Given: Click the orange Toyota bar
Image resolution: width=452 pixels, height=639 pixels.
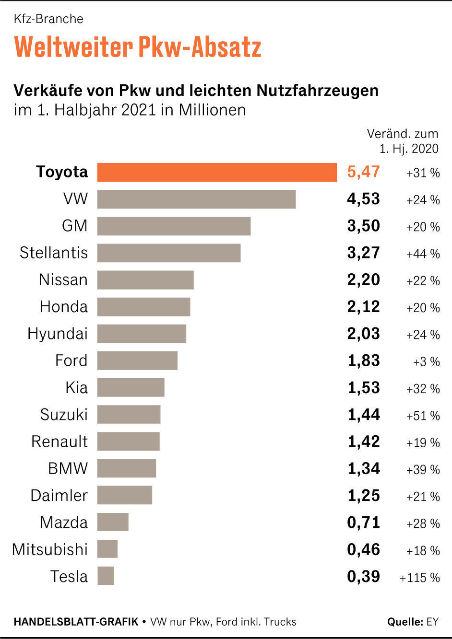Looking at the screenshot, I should pyautogui.click(x=217, y=173).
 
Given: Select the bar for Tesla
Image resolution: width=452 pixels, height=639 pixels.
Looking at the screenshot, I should pyautogui.click(x=106, y=576).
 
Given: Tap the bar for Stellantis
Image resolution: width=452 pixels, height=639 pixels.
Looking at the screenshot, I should pyautogui.click(x=169, y=253).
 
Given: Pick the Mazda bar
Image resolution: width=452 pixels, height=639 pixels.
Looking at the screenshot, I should pyautogui.click(x=113, y=522).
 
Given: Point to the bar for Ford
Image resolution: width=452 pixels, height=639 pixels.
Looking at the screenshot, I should pyautogui.click(x=137, y=360).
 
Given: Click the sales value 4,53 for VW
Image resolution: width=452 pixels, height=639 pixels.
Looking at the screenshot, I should pyautogui.click(x=363, y=199).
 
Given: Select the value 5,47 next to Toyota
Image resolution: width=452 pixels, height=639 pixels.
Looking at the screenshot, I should pyautogui.click(x=363, y=172).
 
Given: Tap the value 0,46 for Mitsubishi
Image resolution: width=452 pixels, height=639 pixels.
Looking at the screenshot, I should pyautogui.click(x=363, y=549).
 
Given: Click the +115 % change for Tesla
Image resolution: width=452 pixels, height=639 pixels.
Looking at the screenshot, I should pyautogui.click(x=419, y=578).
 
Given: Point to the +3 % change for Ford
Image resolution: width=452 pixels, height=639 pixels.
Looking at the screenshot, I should pyautogui.click(x=426, y=362).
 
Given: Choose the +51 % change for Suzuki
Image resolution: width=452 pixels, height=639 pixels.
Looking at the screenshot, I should pyautogui.click(x=423, y=416).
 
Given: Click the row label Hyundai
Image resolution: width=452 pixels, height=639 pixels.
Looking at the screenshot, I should pyautogui.click(x=58, y=334).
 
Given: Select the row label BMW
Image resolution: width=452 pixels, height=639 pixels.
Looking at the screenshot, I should pyautogui.click(x=68, y=468).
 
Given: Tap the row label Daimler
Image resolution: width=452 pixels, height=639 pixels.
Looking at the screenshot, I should pyautogui.click(x=59, y=495).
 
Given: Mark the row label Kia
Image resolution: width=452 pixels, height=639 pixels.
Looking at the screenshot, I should pyautogui.click(x=76, y=387).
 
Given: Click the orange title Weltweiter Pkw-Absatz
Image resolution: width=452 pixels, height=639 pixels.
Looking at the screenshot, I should pyautogui.click(x=138, y=47).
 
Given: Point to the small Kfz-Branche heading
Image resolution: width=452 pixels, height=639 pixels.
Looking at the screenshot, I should pyautogui.click(x=48, y=19).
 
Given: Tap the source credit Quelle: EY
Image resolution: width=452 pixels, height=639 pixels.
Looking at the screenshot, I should pyautogui.click(x=413, y=622).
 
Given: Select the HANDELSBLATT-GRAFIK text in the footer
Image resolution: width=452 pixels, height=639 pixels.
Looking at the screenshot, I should pyautogui.click(x=76, y=622).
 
